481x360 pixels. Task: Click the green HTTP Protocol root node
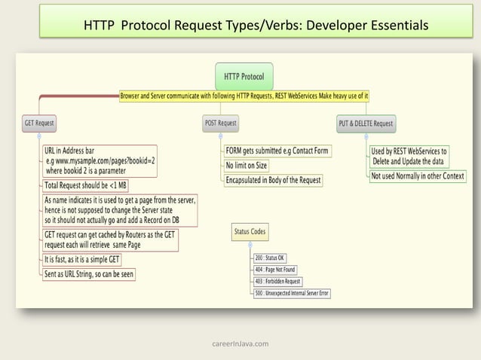244,76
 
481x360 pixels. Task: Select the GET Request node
39,124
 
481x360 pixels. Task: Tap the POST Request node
221,123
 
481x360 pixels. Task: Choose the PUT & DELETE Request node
366,124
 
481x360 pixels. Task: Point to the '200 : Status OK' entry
271,258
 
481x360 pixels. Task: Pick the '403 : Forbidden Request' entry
278,281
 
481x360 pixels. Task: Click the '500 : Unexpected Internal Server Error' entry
292,293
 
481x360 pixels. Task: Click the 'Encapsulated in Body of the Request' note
274,180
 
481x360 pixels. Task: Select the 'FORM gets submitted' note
277,151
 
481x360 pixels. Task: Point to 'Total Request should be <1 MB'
85,185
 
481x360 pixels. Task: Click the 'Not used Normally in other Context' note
418,175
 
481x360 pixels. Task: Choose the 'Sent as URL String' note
89,274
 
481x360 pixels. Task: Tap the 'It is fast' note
84,260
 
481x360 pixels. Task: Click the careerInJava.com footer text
240,343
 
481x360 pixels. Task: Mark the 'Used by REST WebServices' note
409,156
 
